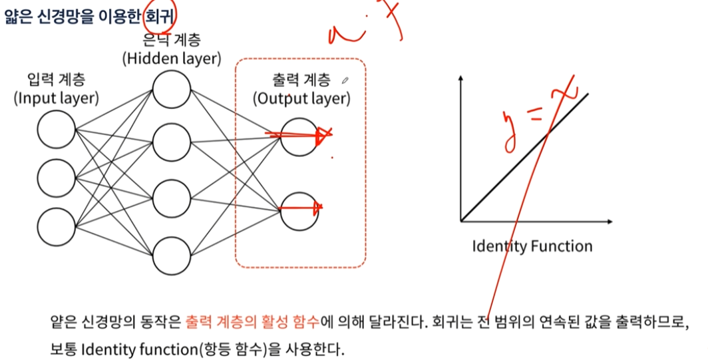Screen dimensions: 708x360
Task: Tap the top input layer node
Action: (57, 129)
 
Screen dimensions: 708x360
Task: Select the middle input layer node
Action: (57, 177)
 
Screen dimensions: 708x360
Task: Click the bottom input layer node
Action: (57, 225)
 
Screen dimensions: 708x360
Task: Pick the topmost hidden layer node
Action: (171, 89)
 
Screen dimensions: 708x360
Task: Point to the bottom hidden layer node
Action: (171, 256)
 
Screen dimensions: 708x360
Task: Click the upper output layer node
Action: (299, 137)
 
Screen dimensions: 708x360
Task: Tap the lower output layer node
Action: (299, 210)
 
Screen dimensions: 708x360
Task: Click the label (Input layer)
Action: (57, 98)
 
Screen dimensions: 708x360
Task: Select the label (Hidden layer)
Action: (171, 59)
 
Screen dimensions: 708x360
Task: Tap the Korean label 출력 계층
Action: (301, 81)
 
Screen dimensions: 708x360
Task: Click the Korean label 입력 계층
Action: (57, 80)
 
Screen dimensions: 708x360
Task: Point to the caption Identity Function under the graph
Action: (532, 246)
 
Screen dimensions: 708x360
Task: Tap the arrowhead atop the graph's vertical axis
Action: (460, 81)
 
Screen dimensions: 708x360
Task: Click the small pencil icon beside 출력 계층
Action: (344, 81)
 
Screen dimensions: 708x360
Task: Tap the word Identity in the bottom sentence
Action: (106, 349)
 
